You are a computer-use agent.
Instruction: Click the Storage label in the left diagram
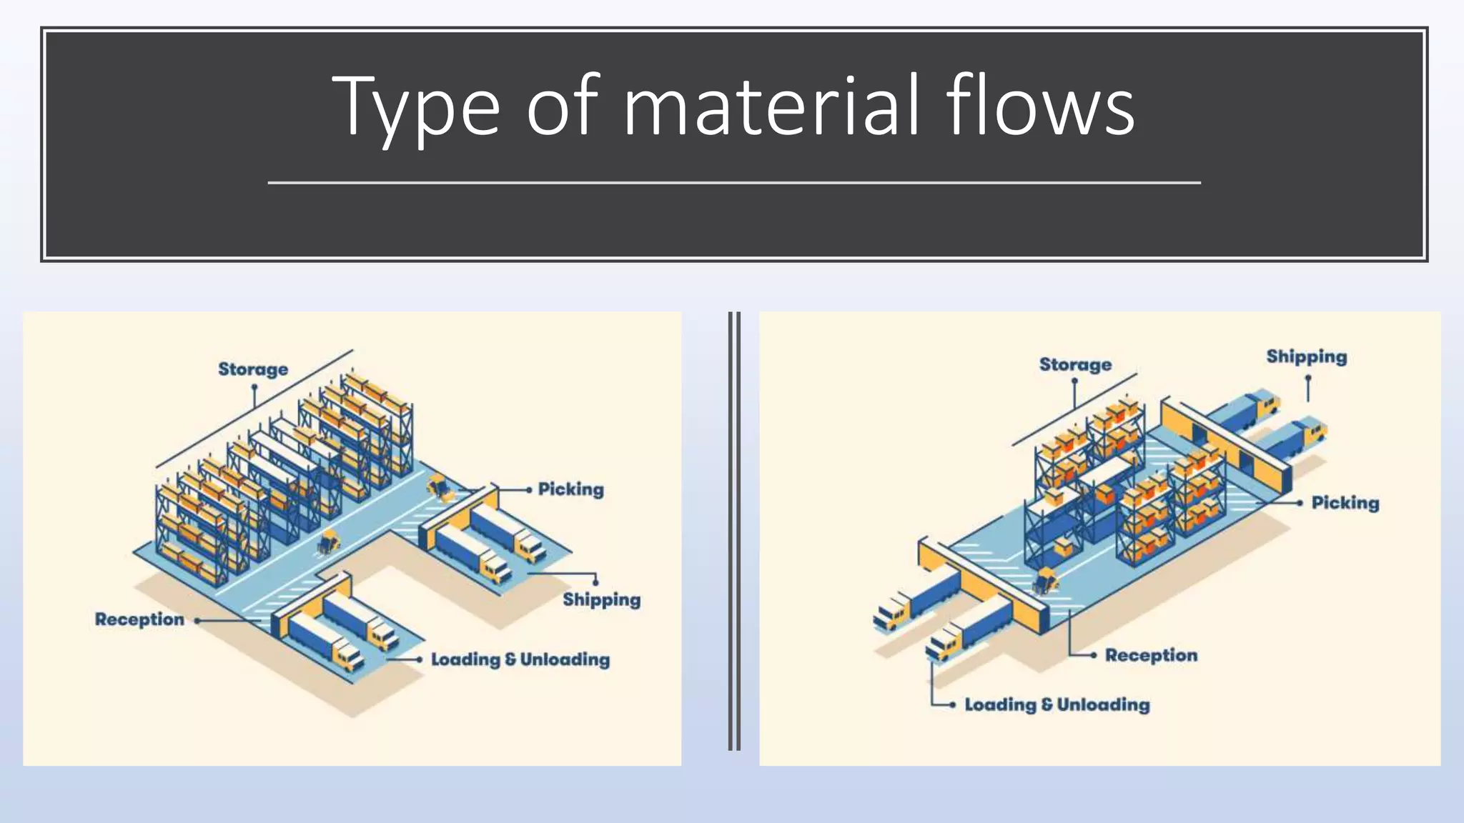tap(253, 369)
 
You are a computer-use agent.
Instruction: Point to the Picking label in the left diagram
tap(570, 489)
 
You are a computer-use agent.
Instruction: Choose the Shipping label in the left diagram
tap(601, 599)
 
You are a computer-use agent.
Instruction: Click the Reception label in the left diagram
tap(139, 619)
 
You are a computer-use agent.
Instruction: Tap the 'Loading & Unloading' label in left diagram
tap(520, 659)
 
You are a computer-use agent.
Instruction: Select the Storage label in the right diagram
tap(1075, 365)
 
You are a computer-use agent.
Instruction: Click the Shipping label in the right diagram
tap(1306, 356)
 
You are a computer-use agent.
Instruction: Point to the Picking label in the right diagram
tap(1345, 503)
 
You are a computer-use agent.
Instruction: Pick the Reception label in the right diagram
tap(1151, 655)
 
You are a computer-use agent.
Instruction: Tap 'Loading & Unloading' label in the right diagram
tap(1057, 705)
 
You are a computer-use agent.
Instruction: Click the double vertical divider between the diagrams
tap(734, 531)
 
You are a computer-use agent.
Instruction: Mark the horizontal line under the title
tap(734, 183)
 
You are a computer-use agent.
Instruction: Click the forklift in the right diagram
tap(1045, 580)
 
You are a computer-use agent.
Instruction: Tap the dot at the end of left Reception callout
tap(197, 621)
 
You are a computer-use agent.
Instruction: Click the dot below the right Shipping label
tap(1308, 379)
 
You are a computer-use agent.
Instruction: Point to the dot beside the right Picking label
tap(1300, 503)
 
